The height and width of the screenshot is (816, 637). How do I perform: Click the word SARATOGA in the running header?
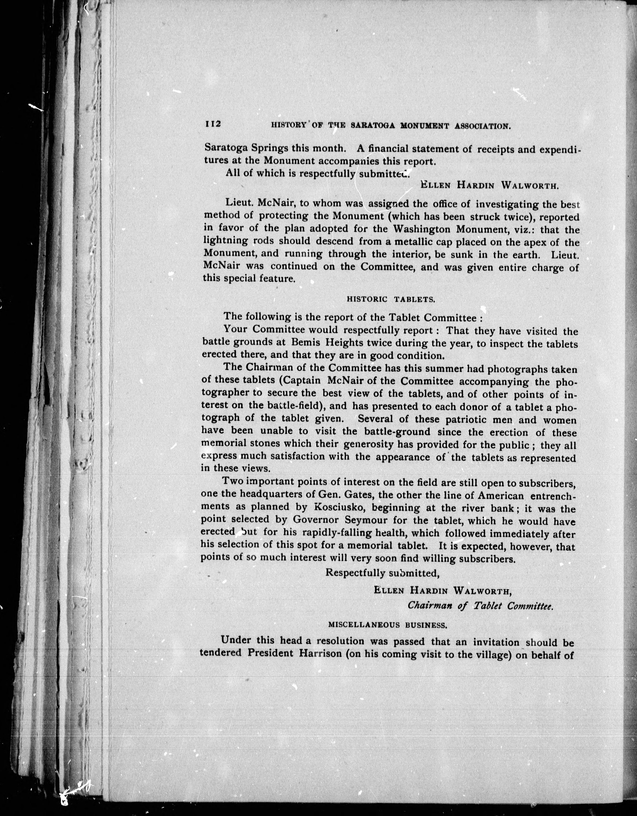coord(374,126)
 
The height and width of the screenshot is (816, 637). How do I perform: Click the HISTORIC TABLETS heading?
coord(391,299)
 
